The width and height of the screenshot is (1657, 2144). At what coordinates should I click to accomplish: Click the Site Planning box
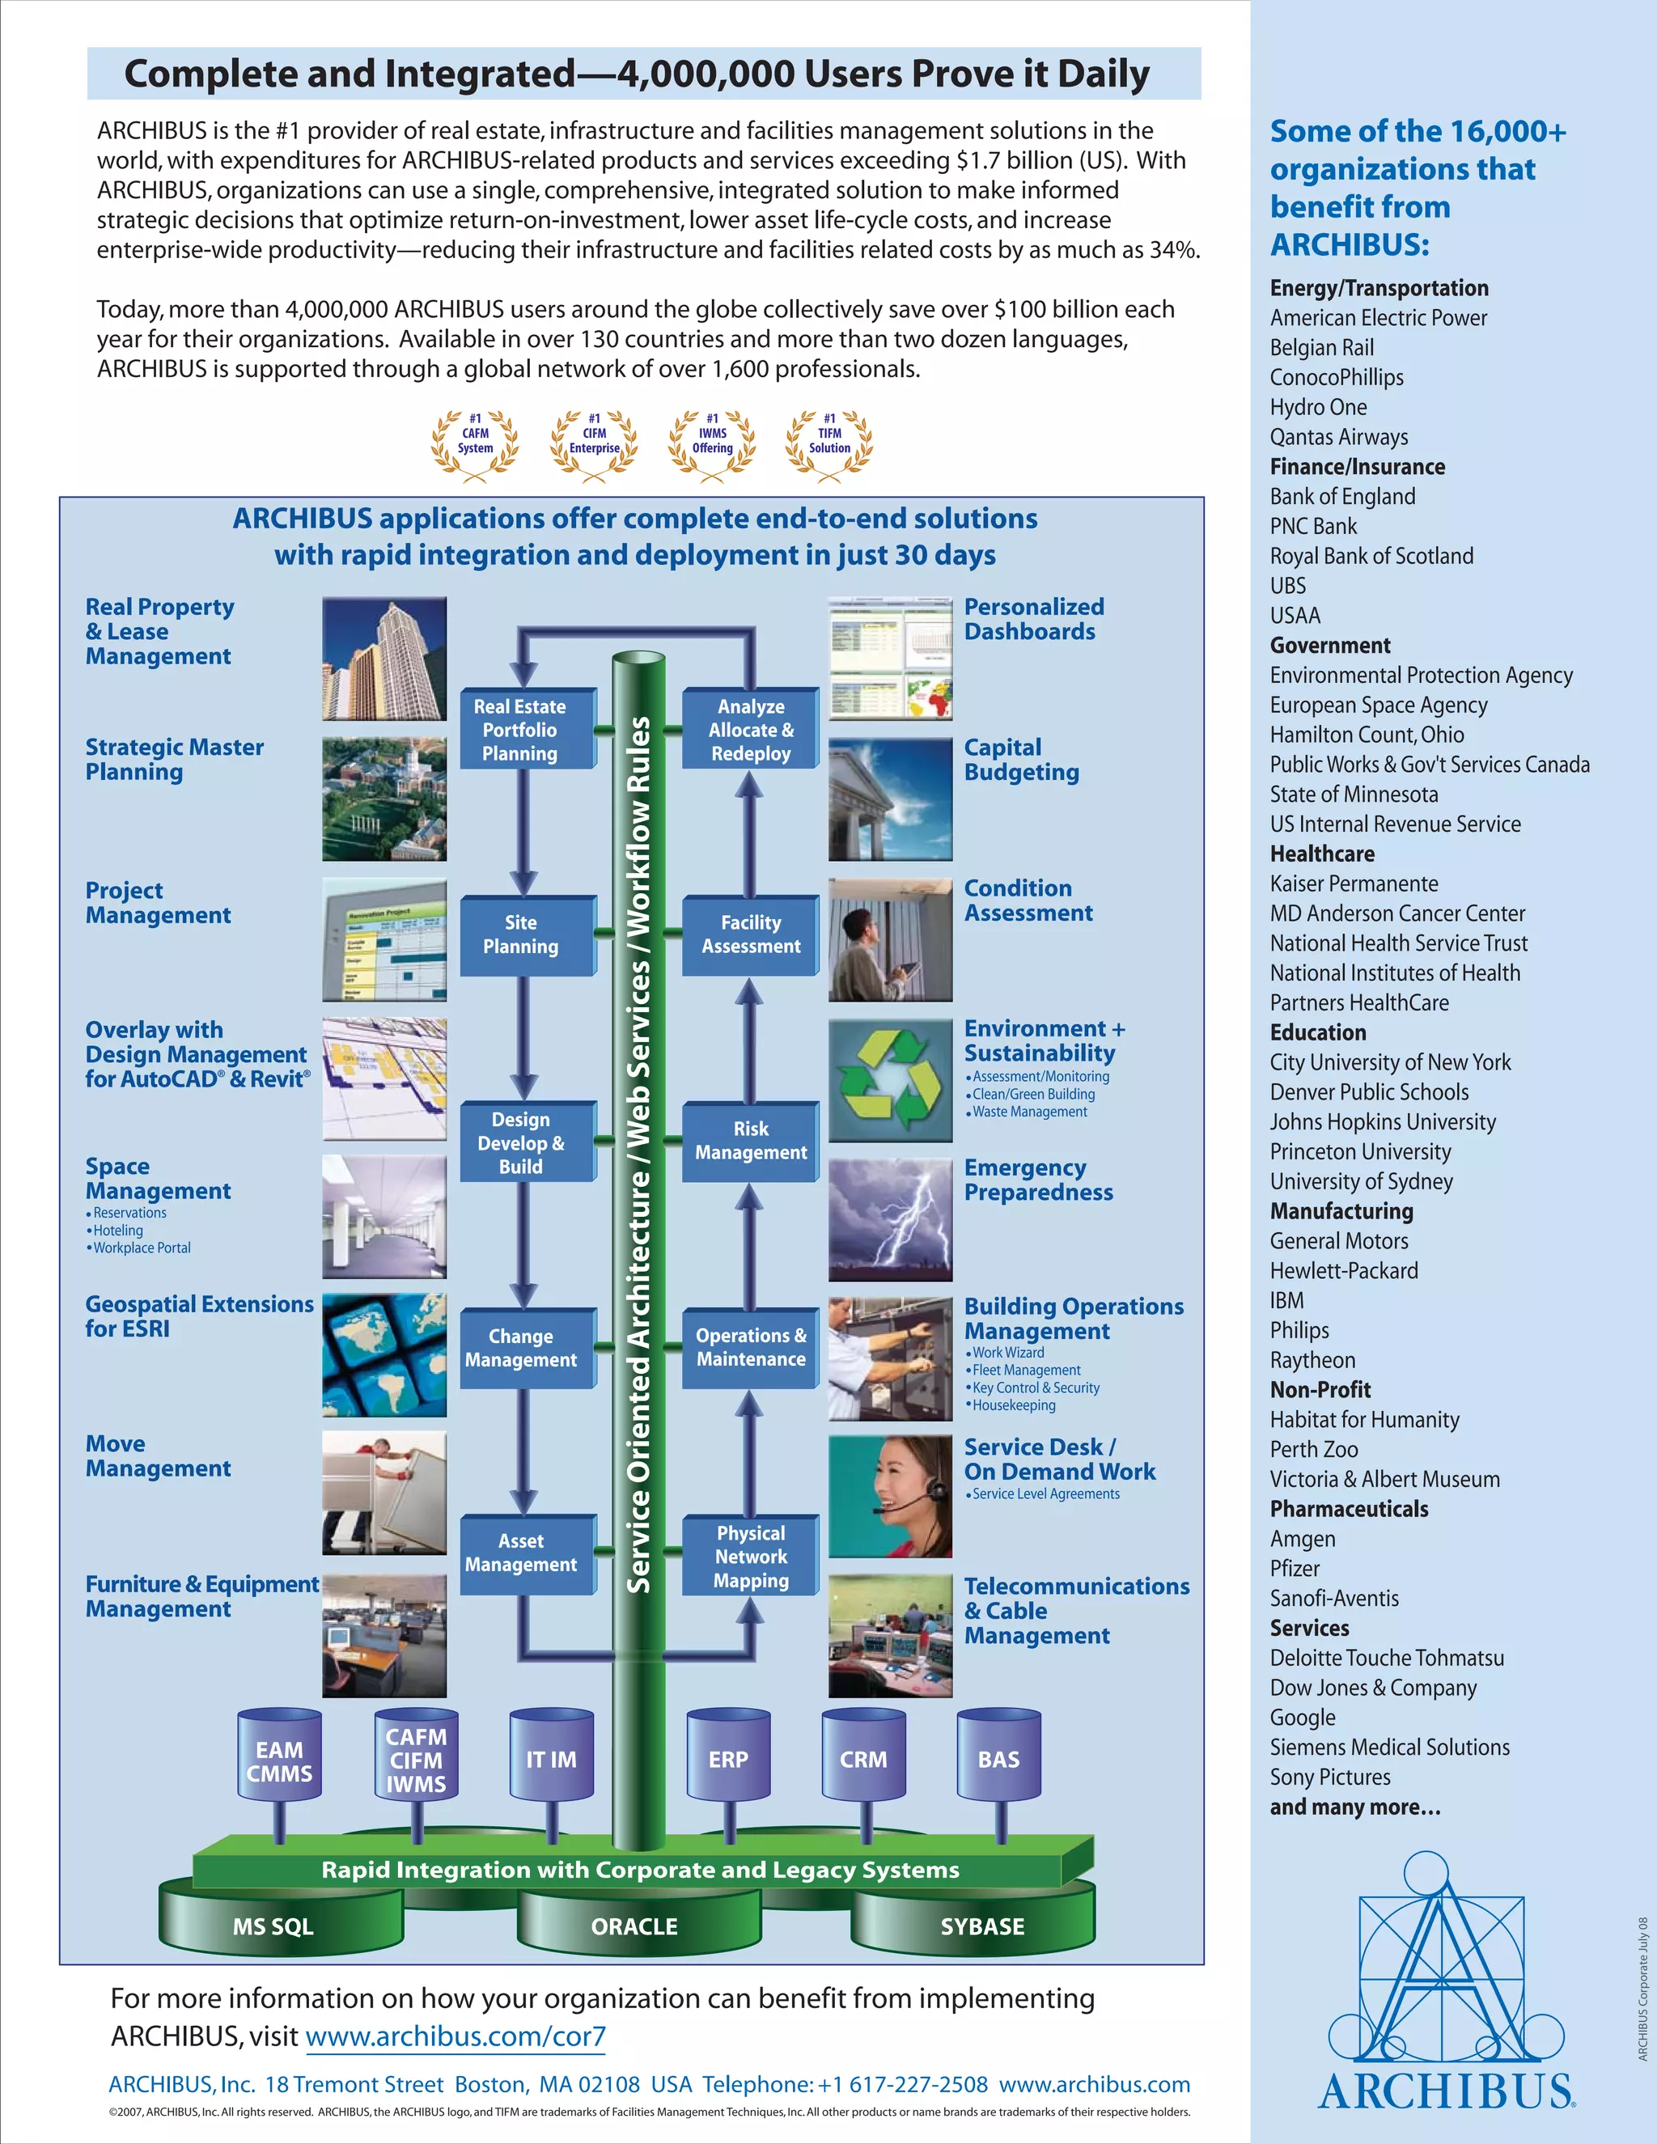point(521,934)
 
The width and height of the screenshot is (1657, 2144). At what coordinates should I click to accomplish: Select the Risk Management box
point(751,1141)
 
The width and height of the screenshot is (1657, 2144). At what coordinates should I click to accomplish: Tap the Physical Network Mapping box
point(751,1556)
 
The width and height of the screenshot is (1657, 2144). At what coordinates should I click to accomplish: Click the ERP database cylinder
point(728,1759)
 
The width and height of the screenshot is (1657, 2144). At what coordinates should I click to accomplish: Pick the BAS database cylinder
point(998,1759)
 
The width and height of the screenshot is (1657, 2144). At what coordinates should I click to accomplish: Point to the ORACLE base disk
point(634,1926)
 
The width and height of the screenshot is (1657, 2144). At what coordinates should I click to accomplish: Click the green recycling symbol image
point(890,1080)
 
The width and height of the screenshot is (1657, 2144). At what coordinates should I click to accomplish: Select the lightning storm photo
point(890,1219)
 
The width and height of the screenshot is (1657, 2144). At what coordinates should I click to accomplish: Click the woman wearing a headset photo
point(890,1496)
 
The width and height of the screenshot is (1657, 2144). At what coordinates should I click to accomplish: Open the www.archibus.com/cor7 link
point(456,2036)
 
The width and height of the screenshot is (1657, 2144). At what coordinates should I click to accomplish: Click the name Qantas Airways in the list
point(1339,437)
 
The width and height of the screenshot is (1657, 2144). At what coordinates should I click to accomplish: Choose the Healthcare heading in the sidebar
point(1322,854)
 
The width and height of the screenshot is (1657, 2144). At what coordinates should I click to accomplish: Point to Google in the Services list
point(1303,1717)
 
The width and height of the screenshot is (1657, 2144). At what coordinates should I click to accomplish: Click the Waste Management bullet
point(1029,1112)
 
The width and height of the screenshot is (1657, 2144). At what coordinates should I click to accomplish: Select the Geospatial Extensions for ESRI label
point(199,1316)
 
